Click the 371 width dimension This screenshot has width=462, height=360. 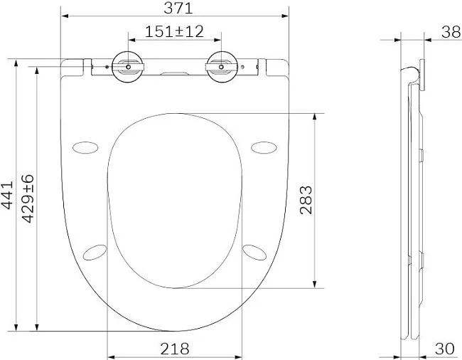point(178,8)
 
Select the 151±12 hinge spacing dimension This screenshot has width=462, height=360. point(174,31)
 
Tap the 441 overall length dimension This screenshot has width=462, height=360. point(7,195)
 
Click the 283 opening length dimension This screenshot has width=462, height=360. point(306,200)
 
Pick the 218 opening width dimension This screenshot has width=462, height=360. point(175,349)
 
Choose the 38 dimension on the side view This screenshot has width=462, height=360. point(451,32)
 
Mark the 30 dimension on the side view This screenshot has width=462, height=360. point(445,349)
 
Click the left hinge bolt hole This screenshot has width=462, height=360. point(128,67)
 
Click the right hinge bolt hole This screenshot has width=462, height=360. point(221,67)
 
